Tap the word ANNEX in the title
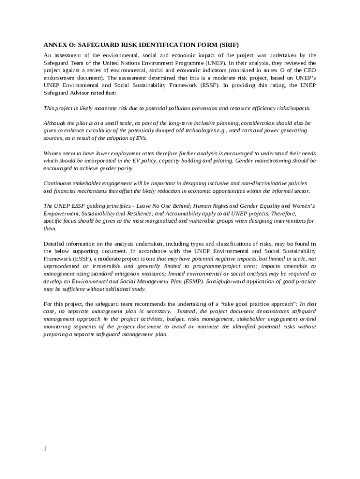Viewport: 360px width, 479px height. [55, 45]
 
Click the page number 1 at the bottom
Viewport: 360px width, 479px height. [45, 449]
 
